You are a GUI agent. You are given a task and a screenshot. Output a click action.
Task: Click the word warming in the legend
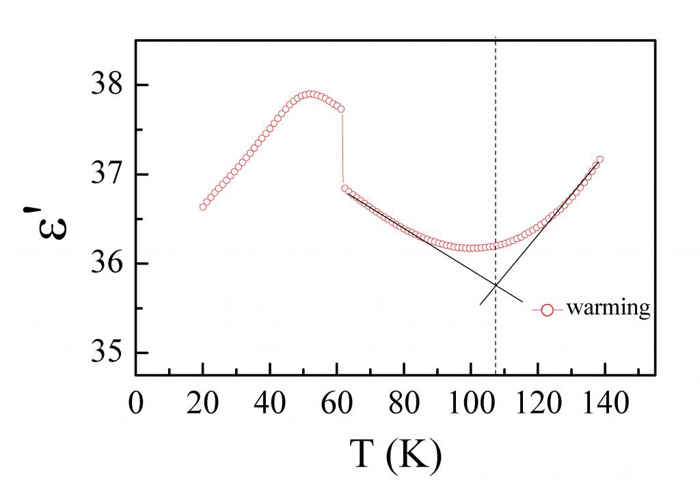[x=608, y=308]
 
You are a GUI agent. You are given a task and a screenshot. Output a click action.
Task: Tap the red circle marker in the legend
[x=547, y=310]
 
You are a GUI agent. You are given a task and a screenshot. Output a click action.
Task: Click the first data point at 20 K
[x=203, y=206]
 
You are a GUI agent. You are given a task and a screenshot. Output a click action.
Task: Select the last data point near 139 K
[x=600, y=159]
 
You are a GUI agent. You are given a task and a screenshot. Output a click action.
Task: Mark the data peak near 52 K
[x=310, y=94]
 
